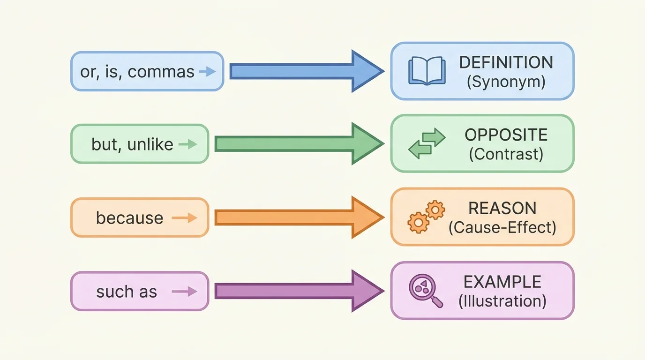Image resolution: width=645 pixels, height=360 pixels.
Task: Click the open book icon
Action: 426,71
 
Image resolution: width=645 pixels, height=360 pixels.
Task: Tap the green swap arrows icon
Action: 426,143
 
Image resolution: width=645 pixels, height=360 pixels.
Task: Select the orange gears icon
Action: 426,217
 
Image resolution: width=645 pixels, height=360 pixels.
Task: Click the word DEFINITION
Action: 506,62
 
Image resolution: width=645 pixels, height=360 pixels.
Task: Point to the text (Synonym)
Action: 506,82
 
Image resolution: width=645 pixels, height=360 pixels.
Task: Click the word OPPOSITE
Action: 506,135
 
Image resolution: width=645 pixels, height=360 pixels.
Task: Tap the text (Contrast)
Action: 506,154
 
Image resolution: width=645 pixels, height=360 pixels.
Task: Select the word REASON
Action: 502,208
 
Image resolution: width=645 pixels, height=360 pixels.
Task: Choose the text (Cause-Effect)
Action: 502,228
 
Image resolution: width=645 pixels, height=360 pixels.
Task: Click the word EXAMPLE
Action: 502,282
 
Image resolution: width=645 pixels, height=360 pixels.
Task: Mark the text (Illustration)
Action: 502,301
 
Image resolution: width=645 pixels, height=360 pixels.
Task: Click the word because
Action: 129,218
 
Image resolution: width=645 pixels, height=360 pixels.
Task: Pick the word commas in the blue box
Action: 161,72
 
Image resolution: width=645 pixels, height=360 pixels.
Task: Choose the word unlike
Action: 150,144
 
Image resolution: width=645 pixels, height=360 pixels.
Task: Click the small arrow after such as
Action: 184,292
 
